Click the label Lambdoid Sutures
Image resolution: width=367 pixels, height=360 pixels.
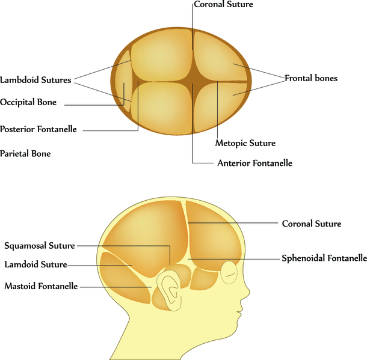(x=35, y=80)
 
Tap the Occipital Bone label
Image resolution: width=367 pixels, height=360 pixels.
(x=28, y=103)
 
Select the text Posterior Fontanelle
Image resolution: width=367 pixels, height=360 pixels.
(x=39, y=129)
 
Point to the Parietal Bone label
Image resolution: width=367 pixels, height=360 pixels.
(x=25, y=154)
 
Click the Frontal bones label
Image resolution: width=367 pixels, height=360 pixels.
(x=311, y=79)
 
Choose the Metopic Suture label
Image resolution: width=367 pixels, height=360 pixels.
(x=245, y=144)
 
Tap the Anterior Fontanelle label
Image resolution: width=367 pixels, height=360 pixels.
(x=254, y=163)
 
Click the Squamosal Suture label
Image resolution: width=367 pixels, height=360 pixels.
(x=40, y=246)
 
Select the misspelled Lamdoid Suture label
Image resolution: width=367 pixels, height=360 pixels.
(x=35, y=264)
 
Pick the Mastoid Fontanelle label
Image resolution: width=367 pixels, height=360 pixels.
(x=41, y=287)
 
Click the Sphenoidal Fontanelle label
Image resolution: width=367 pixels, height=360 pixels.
(x=324, y=259)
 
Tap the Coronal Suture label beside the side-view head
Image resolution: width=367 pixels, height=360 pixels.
(x=312, y=224)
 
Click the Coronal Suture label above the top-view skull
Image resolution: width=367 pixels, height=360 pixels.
(x=223, y=5)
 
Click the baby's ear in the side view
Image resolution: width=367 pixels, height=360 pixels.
(x=170, y=288)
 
